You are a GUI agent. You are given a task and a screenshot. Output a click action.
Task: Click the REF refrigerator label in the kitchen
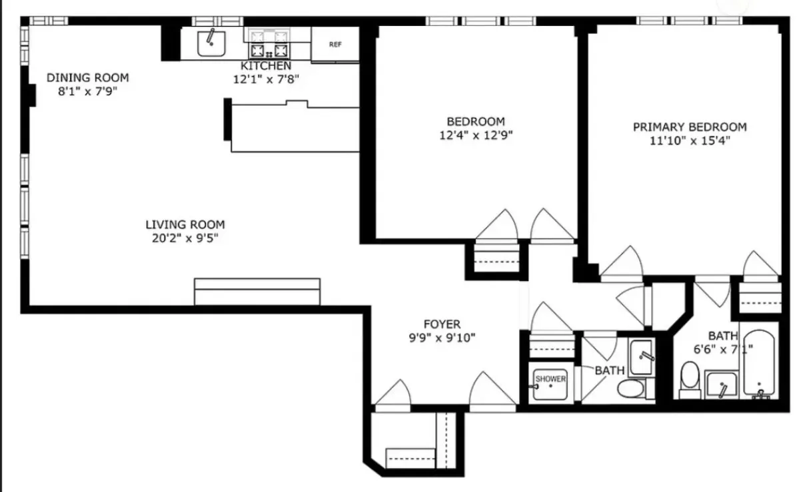tap(335, 45)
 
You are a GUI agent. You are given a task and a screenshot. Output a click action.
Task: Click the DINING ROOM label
tap(87, 78)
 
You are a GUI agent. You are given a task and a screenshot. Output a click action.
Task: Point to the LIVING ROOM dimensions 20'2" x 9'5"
tap(185, 238)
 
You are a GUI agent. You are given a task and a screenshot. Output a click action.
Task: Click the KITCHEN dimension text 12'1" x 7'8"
tap(266, 79)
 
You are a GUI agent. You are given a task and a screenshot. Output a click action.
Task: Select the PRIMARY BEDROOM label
tap(690, 126)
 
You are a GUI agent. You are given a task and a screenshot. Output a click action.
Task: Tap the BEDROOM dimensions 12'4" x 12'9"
tap(476, 134)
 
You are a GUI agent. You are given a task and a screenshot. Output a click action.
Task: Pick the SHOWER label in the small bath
tap(550, 379)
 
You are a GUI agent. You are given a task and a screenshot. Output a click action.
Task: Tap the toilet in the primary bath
tap(689, 379)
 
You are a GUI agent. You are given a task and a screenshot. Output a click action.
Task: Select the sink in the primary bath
tap(721, 385)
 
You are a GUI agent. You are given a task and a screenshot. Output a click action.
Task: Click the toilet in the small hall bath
tap(629, 387)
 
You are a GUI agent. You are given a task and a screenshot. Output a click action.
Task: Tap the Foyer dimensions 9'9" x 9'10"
tap(442, 337)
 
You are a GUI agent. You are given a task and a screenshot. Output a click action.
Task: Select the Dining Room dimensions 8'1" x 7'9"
tap(87, 91)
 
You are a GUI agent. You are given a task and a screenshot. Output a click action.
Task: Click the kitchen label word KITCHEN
tap(266, 66)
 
